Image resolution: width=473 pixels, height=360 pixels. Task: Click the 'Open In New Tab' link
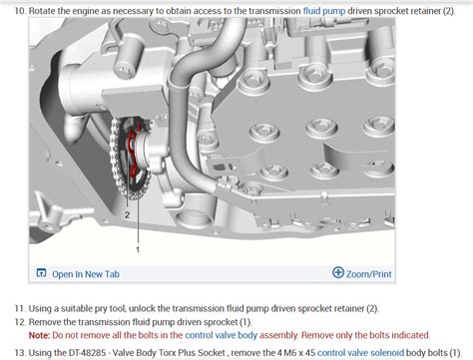[x=86, y=273]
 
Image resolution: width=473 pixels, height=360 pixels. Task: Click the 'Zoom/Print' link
[x=368, y=273]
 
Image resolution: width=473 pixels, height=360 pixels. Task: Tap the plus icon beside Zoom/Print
[x=338, y=273]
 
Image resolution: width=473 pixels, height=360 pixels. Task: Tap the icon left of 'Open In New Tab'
[x=41, y=273]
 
